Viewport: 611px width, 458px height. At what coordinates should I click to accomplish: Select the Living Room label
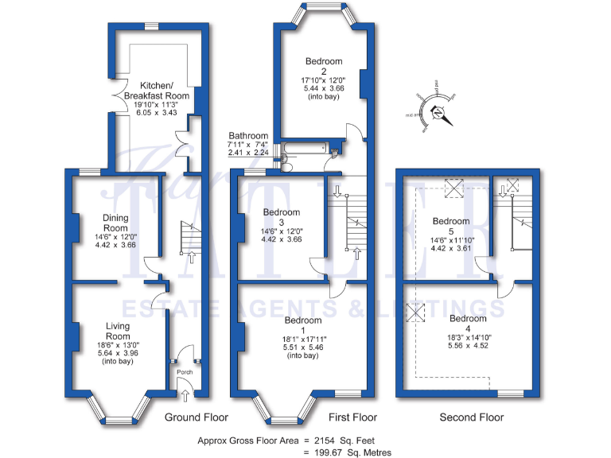point(118,330)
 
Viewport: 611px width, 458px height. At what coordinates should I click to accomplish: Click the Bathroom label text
point(248,136)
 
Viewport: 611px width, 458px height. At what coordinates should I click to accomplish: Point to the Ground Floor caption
point(196,417)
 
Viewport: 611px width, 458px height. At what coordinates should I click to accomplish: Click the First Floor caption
point(352,417)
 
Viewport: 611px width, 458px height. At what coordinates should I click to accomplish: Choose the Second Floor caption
point(471,417)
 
